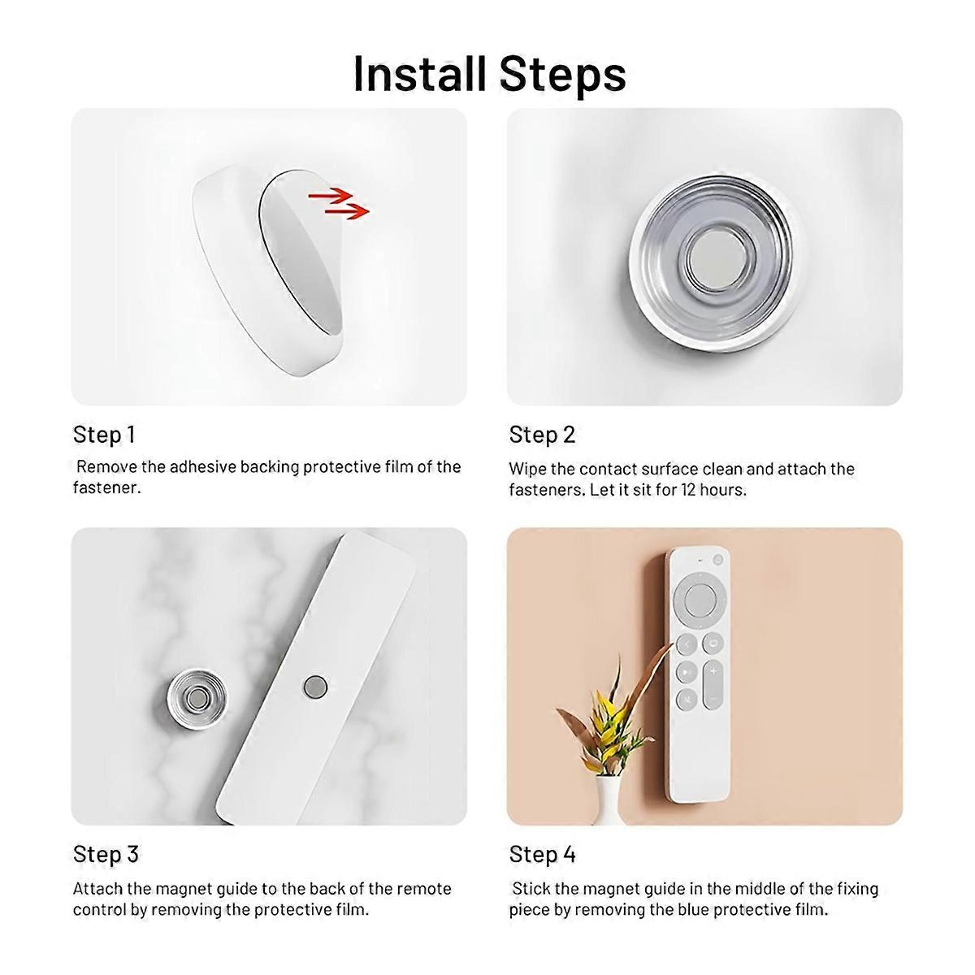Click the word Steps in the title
(563, 75)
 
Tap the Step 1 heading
(104, 435)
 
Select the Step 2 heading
(542, 435)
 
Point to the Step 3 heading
(106, 854)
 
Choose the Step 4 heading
(542, 854)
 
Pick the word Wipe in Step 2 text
(524, 469)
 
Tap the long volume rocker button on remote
(713, 683)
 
